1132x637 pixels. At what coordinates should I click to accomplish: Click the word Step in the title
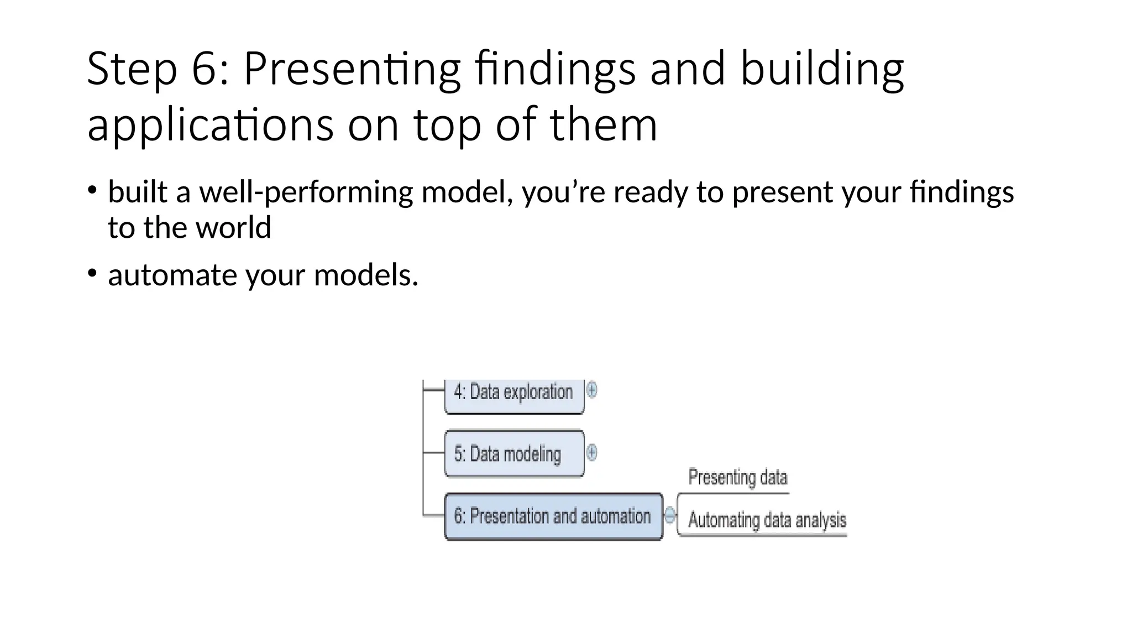point(132,69)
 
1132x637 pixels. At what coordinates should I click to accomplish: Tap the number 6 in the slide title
point(204,69)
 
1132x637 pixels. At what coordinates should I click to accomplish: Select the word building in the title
point(822,69)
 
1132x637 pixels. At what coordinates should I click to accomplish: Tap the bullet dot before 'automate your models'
point(92,273)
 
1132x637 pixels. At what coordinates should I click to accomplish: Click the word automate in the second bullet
point(173,275)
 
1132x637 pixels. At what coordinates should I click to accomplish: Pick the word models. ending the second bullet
point(366,275)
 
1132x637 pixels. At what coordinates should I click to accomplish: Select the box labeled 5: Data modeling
point(513,454)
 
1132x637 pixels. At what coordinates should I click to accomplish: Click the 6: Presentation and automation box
point(553,516)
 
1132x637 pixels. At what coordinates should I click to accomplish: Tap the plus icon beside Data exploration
point(591,390)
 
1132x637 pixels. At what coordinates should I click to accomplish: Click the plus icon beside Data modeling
point(591,453)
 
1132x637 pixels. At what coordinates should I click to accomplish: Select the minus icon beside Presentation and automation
point(669,515)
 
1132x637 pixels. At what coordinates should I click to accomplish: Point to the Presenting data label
point(737,477)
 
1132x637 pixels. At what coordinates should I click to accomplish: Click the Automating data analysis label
point(767,520)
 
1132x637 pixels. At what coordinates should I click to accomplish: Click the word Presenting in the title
point(352,69)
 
